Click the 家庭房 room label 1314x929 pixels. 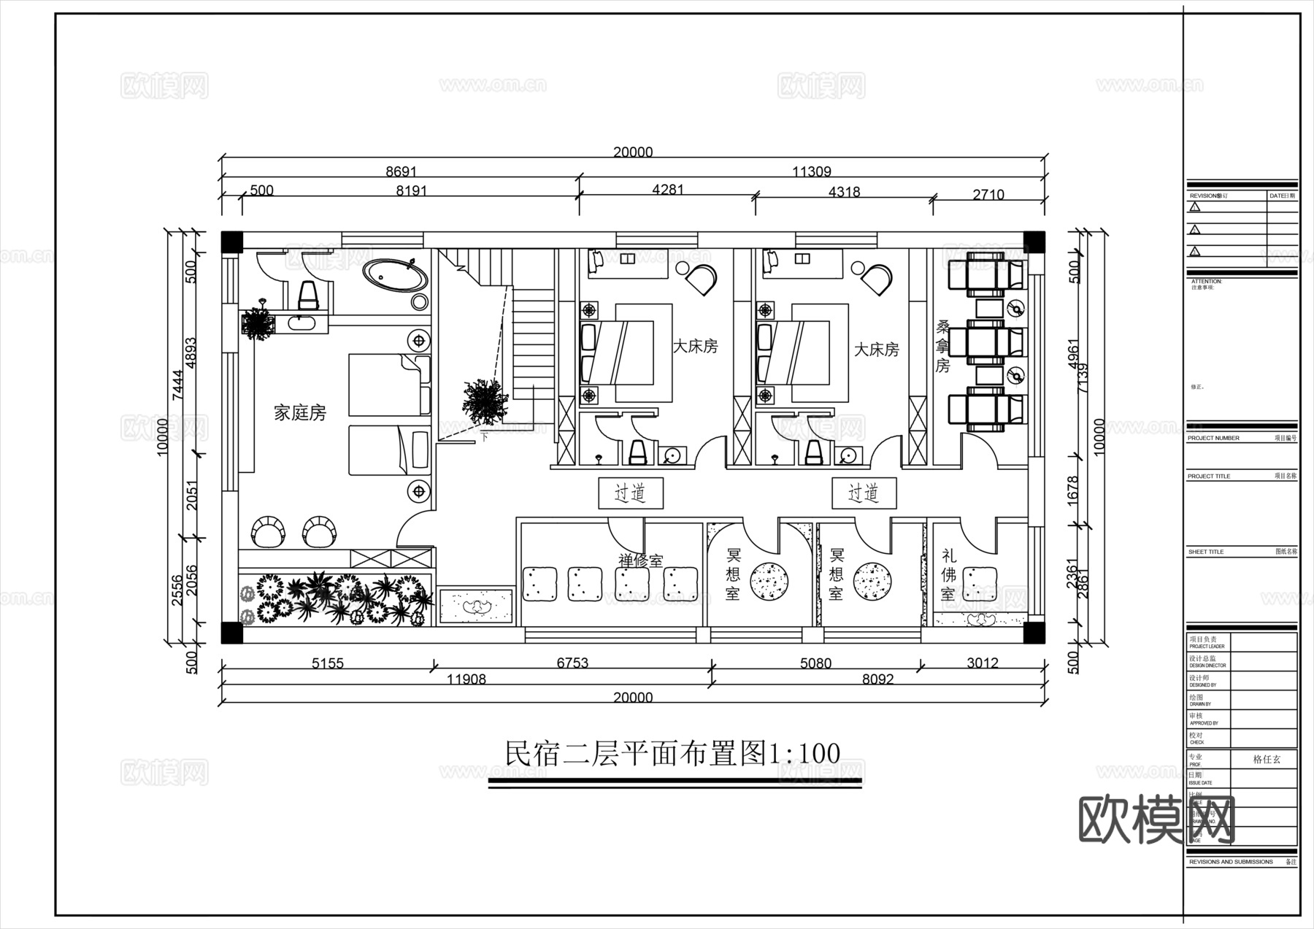(299, 413)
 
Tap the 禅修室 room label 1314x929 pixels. (641, 561)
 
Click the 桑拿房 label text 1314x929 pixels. (942, 346)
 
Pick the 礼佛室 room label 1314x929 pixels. (948, 575)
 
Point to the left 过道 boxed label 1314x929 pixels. (630, 493)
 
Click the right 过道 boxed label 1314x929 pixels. (864, 493)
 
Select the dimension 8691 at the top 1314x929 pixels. (401, 171)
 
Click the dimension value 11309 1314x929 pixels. (811, 171)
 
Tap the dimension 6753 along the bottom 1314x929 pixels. (572, 663)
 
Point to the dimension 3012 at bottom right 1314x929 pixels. (982, 663)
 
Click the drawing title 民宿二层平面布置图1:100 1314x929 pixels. (672, 753)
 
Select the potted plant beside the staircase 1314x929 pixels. (485, 401)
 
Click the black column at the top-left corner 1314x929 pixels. (231, 242)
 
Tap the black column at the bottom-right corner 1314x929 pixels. (1034, 632)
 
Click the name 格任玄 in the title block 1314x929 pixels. (1267, 759)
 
